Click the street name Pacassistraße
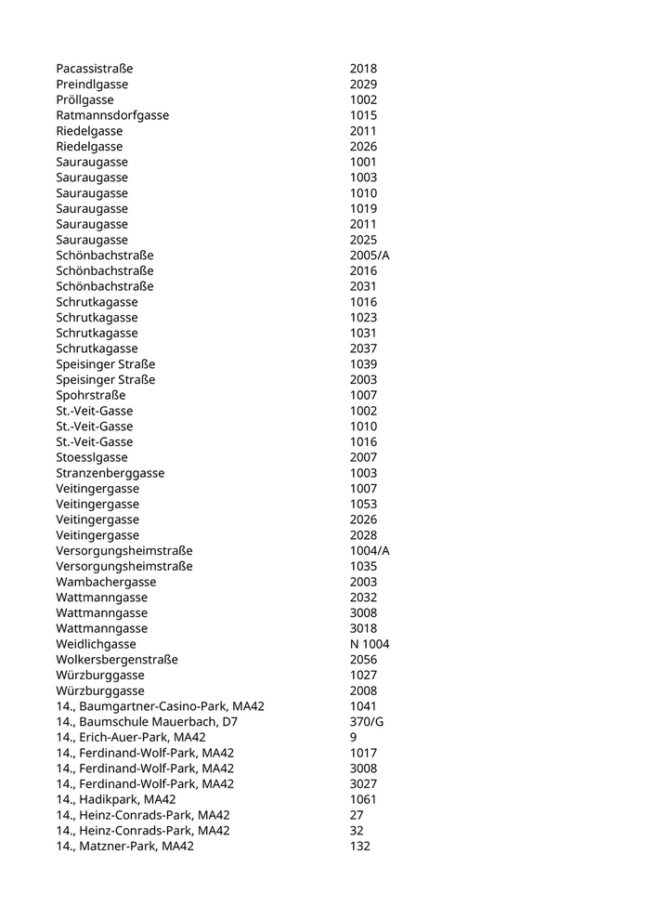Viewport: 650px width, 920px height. (x=94, y=69)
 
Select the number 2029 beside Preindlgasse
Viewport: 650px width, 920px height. (x=363, y=85)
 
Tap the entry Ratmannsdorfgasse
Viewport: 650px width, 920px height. (x=112, y=115)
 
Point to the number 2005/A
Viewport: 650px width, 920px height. (x=370, y=256)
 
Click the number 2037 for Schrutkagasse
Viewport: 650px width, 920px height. (x=363, y=348)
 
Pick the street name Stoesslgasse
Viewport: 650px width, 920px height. (x=92, y=457)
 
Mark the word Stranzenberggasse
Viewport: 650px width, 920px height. (x=110, y=473)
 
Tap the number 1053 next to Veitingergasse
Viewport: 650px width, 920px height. (x=363, y=504)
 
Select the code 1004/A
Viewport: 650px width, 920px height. (x=370, y=551)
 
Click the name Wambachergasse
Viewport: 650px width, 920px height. (x=106, y=582)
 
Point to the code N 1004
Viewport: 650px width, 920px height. (x=370, y=644)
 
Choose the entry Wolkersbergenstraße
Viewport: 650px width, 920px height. (x=116, y=660)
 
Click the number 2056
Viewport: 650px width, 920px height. (x=363, y=660)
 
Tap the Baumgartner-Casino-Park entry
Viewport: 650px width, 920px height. (x=160, y=706)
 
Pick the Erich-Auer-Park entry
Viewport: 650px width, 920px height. (x=131, y=738)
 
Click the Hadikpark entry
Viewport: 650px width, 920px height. (x=116, y=799)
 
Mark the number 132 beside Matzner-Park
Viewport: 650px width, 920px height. (x=359, y=847)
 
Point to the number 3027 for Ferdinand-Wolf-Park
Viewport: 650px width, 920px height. (x=363, y=784)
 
